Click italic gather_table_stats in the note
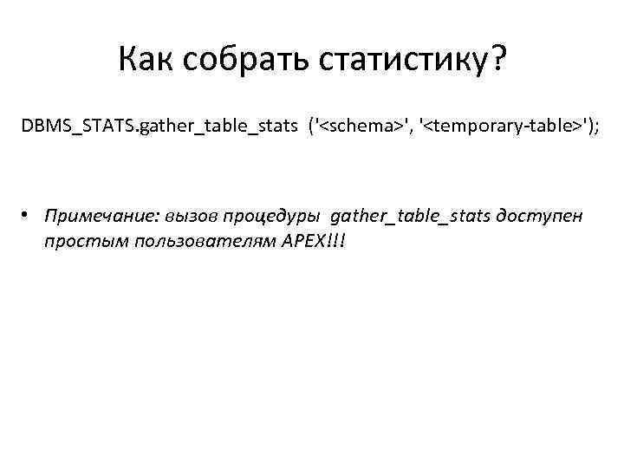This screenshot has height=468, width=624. click(x=411, y=215)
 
